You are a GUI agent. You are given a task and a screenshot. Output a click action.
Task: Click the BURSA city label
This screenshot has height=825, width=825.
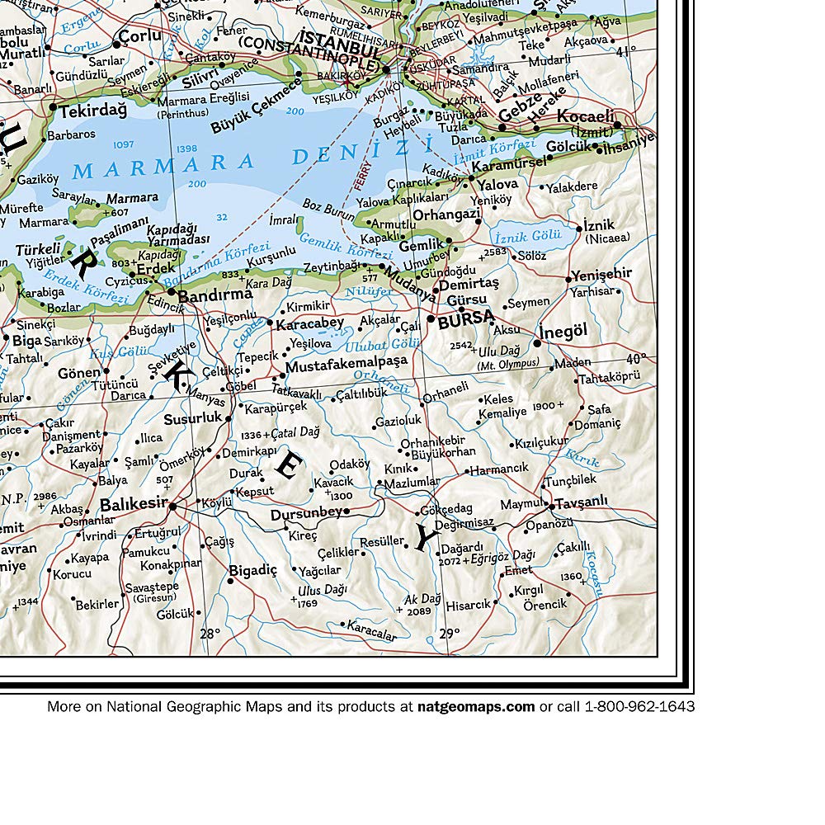pyautogui.click(x=466, y=320)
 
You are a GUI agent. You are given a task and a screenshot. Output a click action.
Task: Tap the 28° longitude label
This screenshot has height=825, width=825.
pyautogui.click(x=210, y=634)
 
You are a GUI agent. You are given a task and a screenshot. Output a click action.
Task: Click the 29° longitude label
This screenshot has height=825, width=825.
pyautogui.click(x=449, y=634)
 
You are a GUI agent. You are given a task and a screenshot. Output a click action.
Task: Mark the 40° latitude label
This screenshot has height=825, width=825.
pyautogui.click(x=636, y=359)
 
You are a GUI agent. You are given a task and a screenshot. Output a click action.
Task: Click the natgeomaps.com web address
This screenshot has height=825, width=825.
pyautogui.click(x=476, y=706)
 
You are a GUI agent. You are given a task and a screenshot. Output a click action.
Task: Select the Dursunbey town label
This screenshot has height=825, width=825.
pyautogui.click(x=306, y=513)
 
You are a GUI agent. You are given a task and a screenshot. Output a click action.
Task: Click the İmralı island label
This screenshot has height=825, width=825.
pyautogui.click(x=283, y=219)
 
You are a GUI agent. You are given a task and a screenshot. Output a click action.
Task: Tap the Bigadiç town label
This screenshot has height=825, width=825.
pyautogui.click(x=253, y=569)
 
